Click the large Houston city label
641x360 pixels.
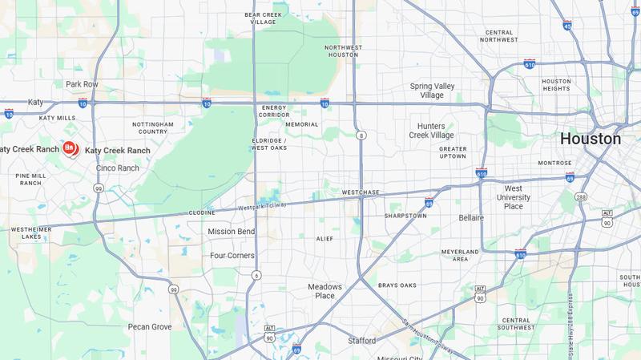[590, 139]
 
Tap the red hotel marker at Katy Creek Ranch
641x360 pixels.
[70, 148]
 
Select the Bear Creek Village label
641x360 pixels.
[265, 18]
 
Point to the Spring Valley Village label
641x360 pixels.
[437, 91]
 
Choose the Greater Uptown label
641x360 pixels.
[453, 152]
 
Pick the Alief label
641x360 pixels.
[325, 238]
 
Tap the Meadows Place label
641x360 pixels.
[325, 291]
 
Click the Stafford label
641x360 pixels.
[361, 341]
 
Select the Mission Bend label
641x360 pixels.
[231, 232]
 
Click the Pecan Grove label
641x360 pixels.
[150, 326]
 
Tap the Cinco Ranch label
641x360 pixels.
[117, 168]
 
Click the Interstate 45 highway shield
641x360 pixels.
[568, 26]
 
